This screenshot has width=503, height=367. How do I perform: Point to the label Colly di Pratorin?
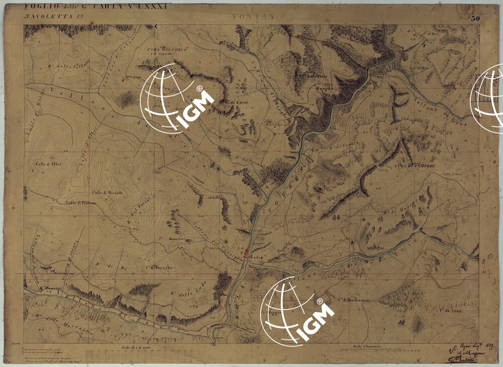(80, 203)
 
